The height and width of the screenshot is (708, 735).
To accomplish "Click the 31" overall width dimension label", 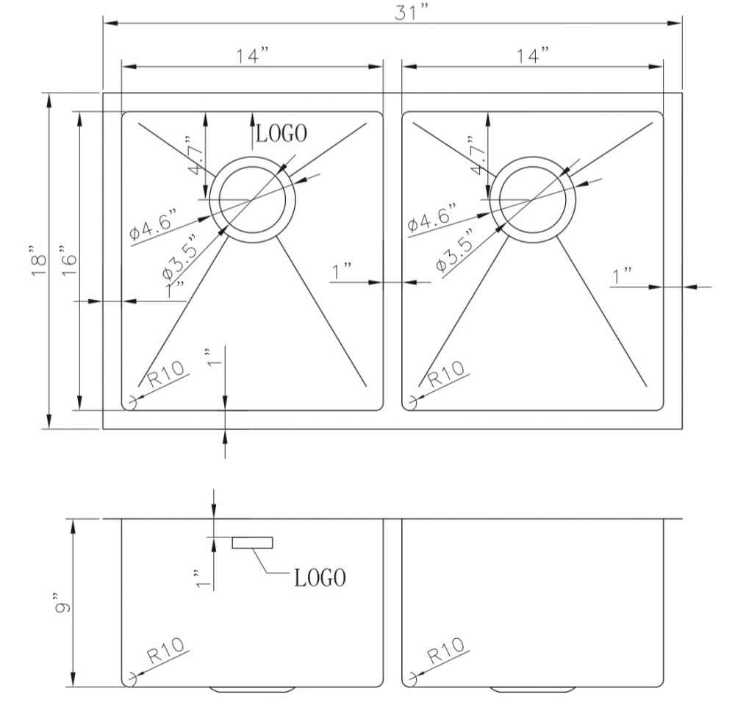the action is click(412, 12).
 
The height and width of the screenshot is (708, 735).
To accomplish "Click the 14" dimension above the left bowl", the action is click(252, 56).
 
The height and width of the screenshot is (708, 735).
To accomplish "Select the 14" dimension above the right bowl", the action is click(533, 56).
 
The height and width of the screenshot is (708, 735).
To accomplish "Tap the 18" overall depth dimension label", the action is click(39, 260).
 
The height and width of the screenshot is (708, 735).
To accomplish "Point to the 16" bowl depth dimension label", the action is click(68, 260).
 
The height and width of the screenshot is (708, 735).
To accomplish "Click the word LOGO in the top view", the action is click(282, 133).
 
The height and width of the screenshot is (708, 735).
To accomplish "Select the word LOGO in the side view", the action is click(320, 578).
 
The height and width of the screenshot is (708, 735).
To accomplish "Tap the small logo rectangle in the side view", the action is click(252, 543).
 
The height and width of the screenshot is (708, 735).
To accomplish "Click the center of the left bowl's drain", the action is click(252, 200).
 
